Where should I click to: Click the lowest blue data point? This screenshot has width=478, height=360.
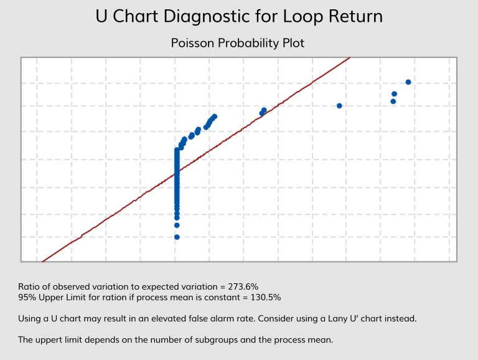click(x=177, y=237)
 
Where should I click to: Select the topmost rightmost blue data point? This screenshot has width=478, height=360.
click(x=408, y=82)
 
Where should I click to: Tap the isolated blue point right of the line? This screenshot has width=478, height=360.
click(x=339, y=105)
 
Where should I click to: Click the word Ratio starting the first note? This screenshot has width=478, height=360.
click(x=29, y=286)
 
